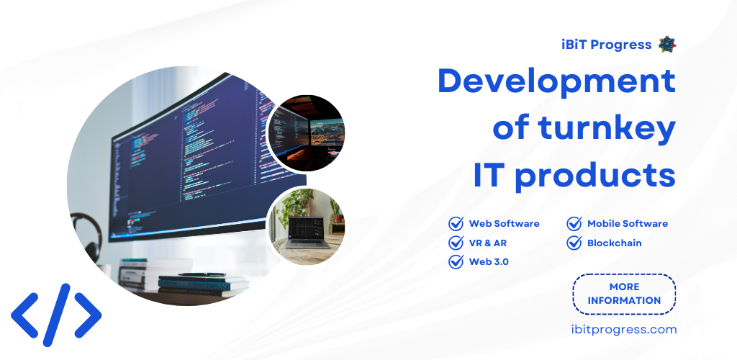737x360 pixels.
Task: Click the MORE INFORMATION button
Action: [624, 294]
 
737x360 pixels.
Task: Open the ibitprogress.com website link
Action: [624, 330]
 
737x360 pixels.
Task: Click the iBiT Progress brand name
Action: [606, 45]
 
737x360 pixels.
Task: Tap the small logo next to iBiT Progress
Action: [667, 44]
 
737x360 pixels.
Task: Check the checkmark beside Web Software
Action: [456, 223]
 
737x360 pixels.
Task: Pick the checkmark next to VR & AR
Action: [456, 243]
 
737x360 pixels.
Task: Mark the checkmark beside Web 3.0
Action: [456, 261]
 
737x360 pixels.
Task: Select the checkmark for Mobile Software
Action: [574, 223]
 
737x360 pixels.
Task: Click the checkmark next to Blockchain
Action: [574, 243]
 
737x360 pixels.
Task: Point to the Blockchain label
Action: [615, 243]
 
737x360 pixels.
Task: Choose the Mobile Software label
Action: [628, 224]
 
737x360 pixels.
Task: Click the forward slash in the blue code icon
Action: [56, 315]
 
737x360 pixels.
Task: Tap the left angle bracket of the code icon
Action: [25, 315]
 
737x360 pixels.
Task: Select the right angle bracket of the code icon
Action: [88, 315]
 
